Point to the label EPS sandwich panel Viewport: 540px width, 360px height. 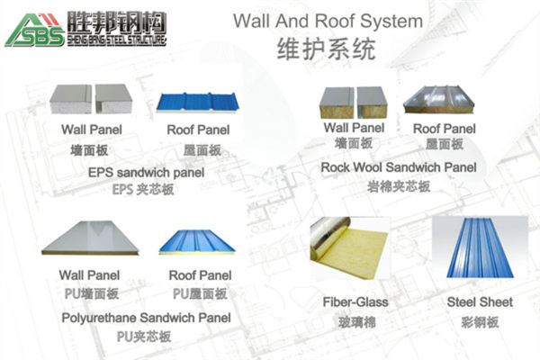pos(146,171)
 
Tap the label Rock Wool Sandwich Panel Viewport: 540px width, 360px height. pos(399,167)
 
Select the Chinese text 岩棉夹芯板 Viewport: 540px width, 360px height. pos(399,186)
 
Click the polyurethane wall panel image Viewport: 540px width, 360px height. pos(90,242)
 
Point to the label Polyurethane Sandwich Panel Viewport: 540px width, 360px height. pos(146,318)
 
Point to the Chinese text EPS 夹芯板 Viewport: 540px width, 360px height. pos(144,189)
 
